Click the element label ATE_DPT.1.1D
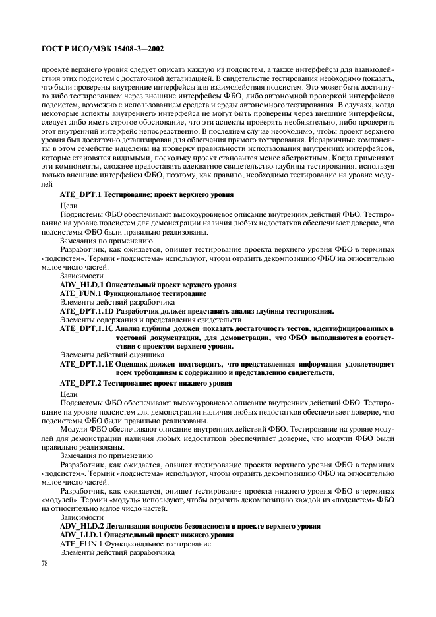tap(88, 310)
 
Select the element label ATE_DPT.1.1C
tap(88, 328)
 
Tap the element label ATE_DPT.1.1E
tap(88, 363)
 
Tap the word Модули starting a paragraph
tap(74, 429)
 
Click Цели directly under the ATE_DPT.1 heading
tap(69, 206)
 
